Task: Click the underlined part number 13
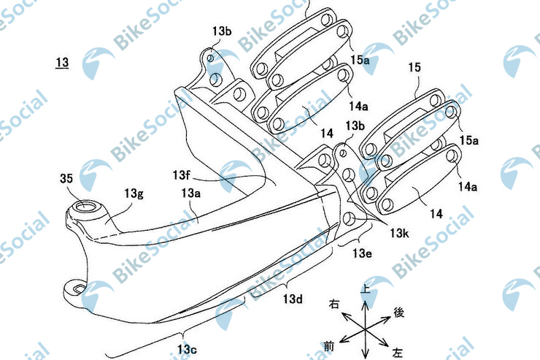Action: [x=62, y=64]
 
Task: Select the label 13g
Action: [x=135, y=194]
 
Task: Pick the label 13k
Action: [x=401, y=233]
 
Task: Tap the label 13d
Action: [x=293, y=299]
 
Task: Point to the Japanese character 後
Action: [x=398, y=312]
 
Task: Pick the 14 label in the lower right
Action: [x=436, y=214]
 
